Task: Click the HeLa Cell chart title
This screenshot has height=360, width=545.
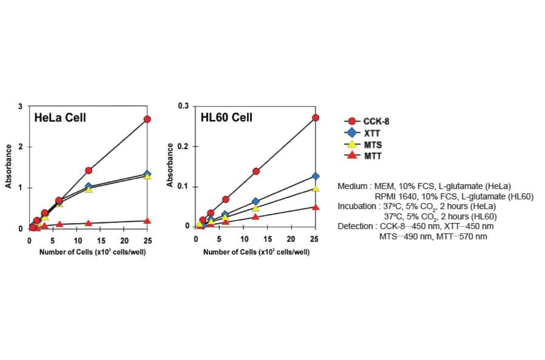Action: [60, 117]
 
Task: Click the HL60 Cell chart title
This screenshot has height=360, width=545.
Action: [226, 117]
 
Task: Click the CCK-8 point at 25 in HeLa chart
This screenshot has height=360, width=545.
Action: [147, 119]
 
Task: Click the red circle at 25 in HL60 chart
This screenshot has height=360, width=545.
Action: [315, 118]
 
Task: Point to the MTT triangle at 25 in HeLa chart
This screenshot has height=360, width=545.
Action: [147, 221]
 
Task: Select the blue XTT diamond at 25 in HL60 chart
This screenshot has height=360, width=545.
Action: [315, 176]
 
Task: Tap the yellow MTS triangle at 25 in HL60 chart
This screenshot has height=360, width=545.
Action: [315, 188]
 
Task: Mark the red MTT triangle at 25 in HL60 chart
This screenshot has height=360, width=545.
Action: [315, 207]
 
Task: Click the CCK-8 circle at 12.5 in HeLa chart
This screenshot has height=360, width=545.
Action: [88, 171]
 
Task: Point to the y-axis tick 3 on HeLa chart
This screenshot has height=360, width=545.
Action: [21, 107]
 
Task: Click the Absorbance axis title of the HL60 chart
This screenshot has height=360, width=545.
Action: [171, 165]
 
